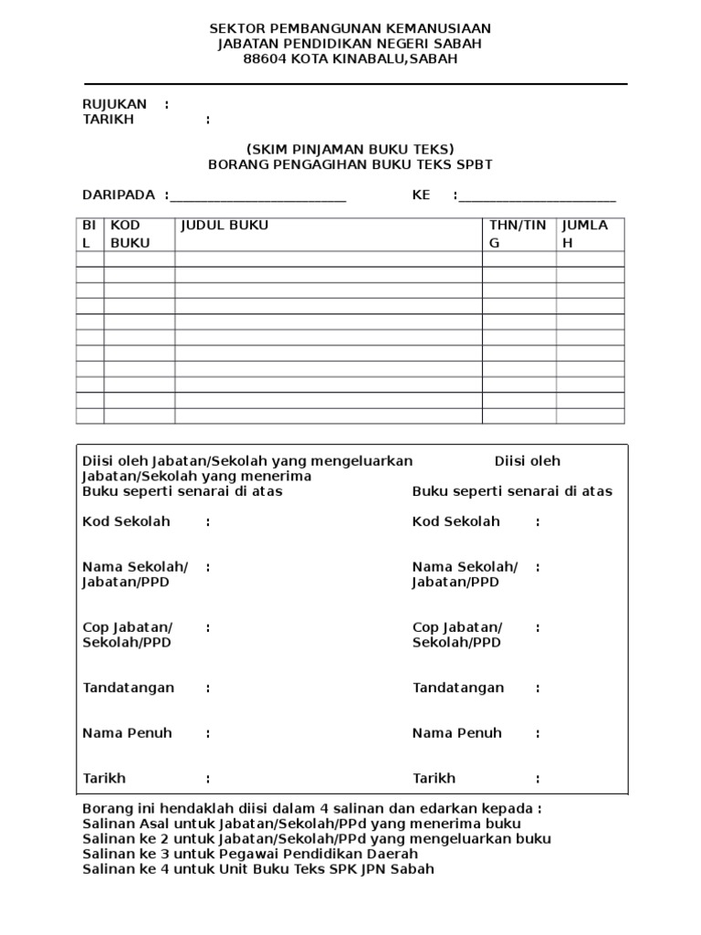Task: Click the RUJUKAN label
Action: pyautogui.click(x=114, y=104)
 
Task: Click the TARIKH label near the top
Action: pyautogui.click(x=108, y=120)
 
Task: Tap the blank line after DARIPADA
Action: pyautogui.click(x=258, y=197)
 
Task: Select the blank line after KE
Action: pyautogui.click(x=537, y=197)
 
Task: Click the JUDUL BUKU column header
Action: pyautogui.click(x=225, y=225)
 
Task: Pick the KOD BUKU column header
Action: pyautogui.click(x=131, y=234)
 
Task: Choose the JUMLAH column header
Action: pyautogui.click(x=585, y=234)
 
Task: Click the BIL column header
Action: pyautogui.click(x=89, y=234)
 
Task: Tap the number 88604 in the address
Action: pyautogui.click(x=265, y=59)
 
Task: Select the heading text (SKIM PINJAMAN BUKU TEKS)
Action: pyautogui.click(x=350, y=149)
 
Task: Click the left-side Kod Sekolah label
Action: pyautogui.click(x=126, y=521)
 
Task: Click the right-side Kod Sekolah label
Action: pyautogui.click(x=456, y=521)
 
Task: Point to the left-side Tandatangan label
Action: pyautogui.click(x=128, y=688)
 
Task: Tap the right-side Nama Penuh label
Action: pyautogui.click(x=457, y=732)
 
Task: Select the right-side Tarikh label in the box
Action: pyautogui.click(x=434, y=778)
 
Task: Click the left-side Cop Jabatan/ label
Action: pyautogui.click(x=127, y=627)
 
